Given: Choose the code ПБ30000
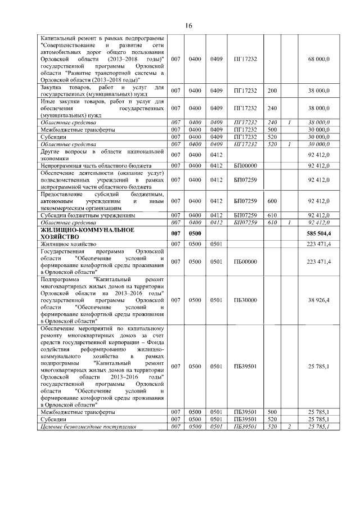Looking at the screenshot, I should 245,300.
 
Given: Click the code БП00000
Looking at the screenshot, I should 245,165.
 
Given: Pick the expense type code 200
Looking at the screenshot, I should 272,91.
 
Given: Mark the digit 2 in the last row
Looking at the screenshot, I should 289,427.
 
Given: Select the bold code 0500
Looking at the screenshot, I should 195,233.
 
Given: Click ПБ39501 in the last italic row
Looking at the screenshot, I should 245,427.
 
